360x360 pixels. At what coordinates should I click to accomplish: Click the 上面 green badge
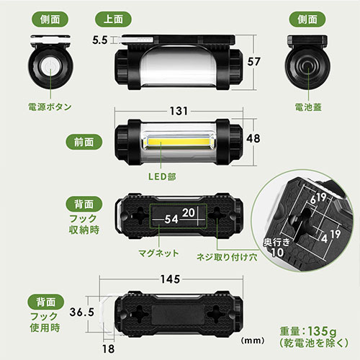pos(113,19)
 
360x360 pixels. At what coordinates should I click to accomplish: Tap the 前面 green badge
pos(84,142)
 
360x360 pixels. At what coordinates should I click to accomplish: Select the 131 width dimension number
pos(179,111)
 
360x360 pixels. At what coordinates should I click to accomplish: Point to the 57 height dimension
pos(253,62)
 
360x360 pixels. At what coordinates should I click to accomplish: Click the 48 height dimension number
pos(253,138)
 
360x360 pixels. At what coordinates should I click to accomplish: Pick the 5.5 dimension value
pos(100,40)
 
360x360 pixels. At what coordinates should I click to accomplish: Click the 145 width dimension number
pos(170,279)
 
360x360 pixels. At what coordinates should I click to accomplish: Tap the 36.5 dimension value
pos(81,312)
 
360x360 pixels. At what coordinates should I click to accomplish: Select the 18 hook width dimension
pos(108,348)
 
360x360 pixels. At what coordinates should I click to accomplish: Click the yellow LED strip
pos(178,142)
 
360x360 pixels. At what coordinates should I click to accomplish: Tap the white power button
pos(50,66)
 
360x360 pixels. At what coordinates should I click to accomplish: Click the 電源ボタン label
pos(50,107)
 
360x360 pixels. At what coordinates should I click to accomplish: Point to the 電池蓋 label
pos(308,107)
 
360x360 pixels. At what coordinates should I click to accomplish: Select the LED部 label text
pos(162,176)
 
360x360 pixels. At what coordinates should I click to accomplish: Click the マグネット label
pos(158,253)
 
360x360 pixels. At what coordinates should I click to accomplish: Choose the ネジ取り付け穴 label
pos(227,257)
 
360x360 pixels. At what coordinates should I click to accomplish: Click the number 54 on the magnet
pos(171,219)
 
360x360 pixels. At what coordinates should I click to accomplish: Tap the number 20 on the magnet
pos(189,212)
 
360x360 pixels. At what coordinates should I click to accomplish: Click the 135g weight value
pos(322,331)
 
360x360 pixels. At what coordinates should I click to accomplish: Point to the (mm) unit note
pos(253,341)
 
